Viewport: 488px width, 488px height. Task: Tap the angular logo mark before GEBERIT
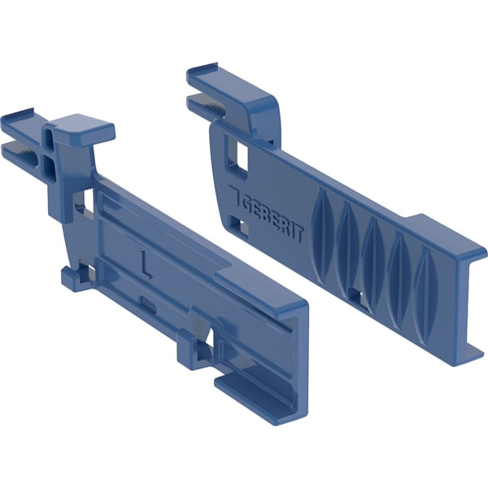[x=234, y=195]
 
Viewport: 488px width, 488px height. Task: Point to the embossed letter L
[x=145, y=264]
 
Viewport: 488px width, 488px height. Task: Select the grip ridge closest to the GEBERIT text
[x=323, y=236]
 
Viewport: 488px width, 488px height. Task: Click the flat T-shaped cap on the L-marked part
[x=84, y=127]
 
